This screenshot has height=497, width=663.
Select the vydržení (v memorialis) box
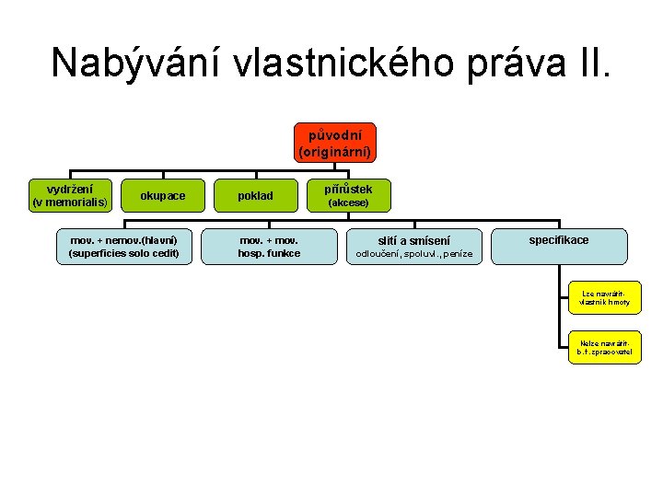[70, 195]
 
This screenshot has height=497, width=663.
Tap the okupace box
[162, 195]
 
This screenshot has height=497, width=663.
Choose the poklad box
[255, 195]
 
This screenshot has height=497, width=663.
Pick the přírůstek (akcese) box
[348, 194]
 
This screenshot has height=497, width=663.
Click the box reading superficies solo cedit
[123, 247]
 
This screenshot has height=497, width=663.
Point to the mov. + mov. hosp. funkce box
[269, 247]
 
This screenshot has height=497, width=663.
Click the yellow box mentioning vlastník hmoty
[604, 297]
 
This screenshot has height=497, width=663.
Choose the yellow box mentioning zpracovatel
[604, 346]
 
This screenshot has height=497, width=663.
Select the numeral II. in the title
[597, 64]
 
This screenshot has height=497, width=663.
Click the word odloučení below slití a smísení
[378, 254]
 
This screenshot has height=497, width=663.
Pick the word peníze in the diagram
[458, 254]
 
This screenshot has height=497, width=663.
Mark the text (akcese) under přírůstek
[348, 202]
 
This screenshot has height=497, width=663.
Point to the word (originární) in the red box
[335, 150]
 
